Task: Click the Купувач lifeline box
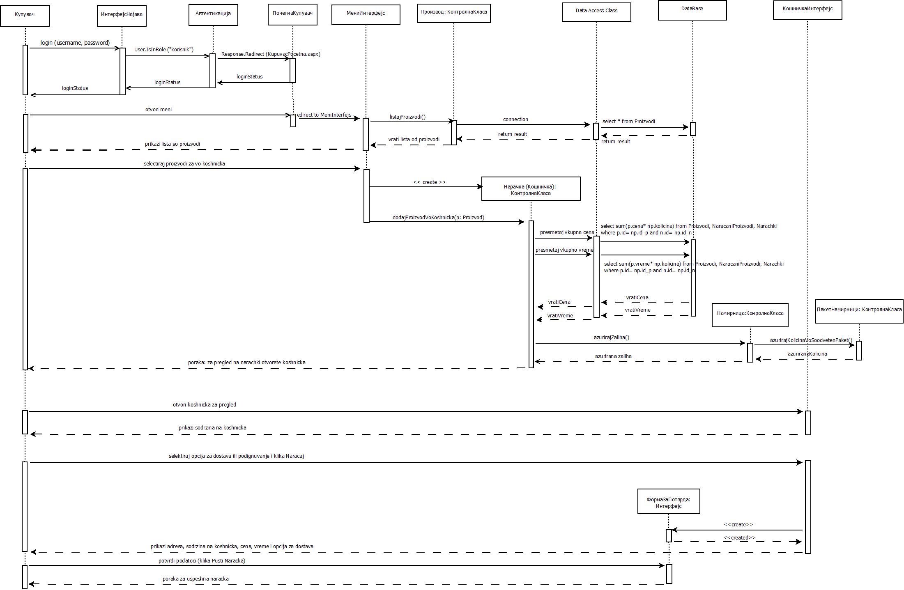[x=25, y=16]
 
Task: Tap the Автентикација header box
[x=213, y=15]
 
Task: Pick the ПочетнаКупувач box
[x=292, y=14]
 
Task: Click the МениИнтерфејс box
[x=366, y=15]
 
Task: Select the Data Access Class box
[x=596, y=12]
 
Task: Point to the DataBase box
[x=692, y=10]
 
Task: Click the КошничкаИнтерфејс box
[x=807, y=10]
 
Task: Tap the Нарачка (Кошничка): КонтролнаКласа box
[x=531, y=189]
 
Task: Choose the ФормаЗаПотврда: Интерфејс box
[x=669, y=501]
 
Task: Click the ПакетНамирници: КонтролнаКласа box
[x=859, y=311]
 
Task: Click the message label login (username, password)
[x=75, y=43]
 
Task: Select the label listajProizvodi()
[x=407, y=117]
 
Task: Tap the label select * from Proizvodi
[x=629, y=122]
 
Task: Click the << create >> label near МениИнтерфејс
[x=429, y=182]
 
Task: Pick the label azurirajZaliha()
[x=611, y=337]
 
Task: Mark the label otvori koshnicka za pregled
[x=205, y=405]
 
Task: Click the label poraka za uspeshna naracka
[x=196, y=579]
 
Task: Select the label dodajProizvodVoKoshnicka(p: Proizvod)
[x=438, y=218]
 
